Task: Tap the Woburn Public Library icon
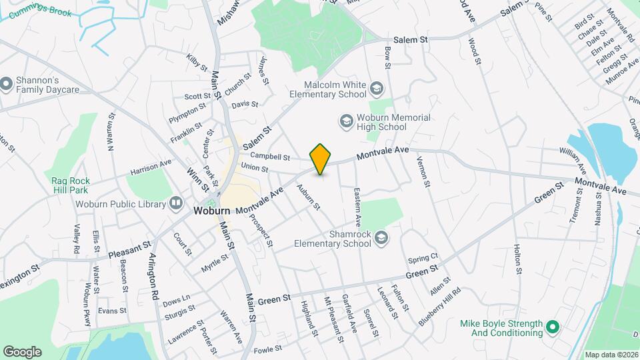(176, 202)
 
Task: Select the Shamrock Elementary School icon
(381, 238)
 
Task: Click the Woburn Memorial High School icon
(346, 121)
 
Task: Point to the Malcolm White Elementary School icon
(377, 89)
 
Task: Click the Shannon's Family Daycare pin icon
(6, 85)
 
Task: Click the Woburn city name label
(212, 211)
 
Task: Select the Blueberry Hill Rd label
(440, 307)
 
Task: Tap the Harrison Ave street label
(151, 167)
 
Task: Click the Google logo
(22, 351)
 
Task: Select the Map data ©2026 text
(611, 355)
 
